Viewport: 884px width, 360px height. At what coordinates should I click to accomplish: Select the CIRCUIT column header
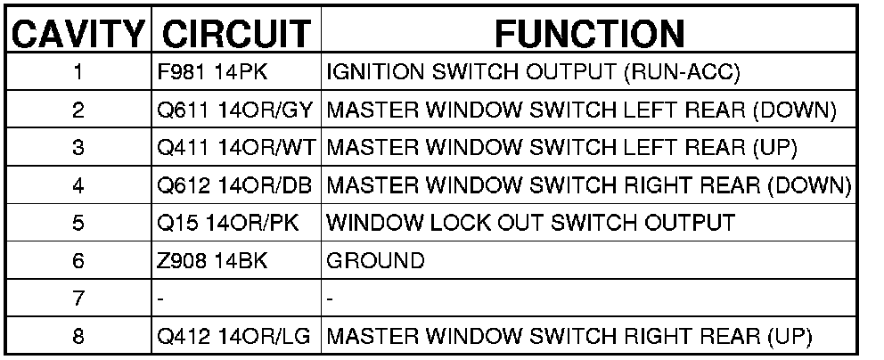coord(235,33)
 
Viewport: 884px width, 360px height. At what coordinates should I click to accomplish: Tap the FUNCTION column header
coord(589,33)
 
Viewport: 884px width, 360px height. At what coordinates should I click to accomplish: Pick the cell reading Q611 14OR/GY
coord(233,112)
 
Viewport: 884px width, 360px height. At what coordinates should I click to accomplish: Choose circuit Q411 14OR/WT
coord(234,149)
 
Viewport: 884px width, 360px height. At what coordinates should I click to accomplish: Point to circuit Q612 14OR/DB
coord(233,186)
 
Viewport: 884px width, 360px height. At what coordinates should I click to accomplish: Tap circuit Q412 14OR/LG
coord(233,337)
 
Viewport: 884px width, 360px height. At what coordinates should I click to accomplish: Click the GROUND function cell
coord(375,261)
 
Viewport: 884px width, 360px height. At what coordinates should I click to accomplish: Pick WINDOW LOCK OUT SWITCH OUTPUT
coord(531,224)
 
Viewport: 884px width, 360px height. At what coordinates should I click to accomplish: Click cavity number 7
coord(78,299)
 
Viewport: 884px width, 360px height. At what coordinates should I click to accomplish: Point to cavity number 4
coord(78,186)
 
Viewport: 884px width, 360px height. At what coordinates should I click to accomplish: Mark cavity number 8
coord(78,337)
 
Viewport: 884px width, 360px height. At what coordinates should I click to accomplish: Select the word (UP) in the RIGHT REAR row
coord(790,337)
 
